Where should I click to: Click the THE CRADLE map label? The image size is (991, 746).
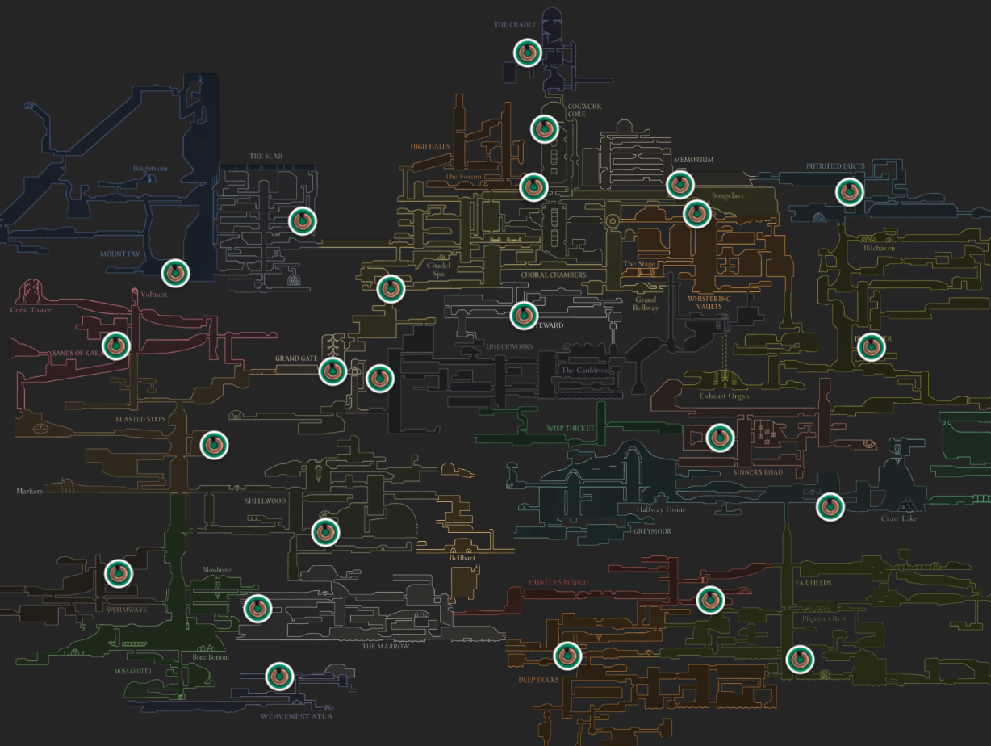[x=515, y=25]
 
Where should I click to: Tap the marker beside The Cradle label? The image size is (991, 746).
[x=528, y=52]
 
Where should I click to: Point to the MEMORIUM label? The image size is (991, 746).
[x=693, y=160]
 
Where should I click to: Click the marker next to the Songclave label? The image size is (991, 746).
[x=696, y=214]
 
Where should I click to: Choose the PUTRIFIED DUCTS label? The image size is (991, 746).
[x=835, y=166]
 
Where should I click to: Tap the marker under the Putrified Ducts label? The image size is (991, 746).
[x=849, y=192]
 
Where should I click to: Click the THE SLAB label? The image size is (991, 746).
[x=266, y=157]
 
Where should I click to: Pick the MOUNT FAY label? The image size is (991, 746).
[x=120, y=254]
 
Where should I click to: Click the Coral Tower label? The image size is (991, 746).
[x=31, y=310]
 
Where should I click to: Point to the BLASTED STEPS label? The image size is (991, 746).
[x=140, y=420]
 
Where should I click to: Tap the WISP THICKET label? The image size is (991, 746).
[x=571, y=429]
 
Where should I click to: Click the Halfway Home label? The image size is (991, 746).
[x=661, y=510]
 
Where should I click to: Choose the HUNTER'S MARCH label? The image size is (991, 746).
[x=559, y=582]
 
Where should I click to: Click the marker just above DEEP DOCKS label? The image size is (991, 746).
[x=567, y=656]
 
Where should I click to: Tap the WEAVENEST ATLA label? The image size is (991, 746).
[x=296, y=716]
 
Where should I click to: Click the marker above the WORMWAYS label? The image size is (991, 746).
[x=119, y=573]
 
